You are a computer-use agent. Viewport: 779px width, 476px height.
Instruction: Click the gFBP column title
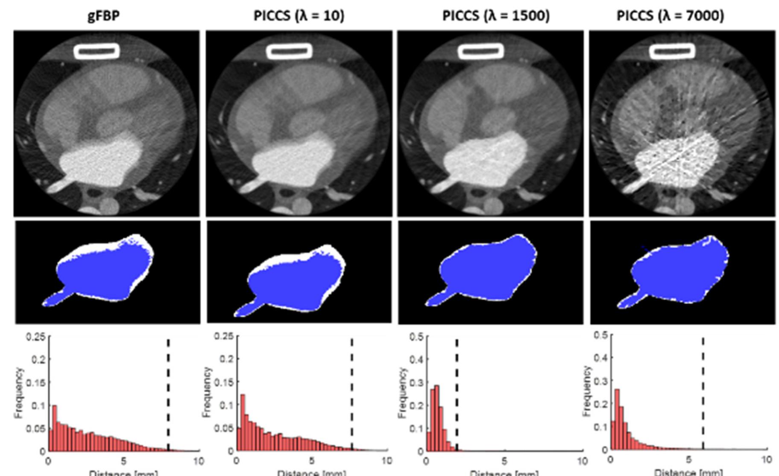(104, 16)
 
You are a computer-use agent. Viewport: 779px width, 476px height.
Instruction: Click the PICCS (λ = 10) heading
(299, 16)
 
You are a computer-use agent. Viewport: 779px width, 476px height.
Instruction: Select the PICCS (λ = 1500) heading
(495, 16)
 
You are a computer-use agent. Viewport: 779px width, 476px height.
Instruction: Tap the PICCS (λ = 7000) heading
(670, 16)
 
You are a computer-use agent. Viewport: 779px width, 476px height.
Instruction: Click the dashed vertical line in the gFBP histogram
(168, 393)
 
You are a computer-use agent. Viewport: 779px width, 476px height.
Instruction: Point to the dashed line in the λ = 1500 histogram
(457, 393)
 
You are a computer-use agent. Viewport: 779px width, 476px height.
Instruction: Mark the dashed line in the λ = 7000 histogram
(703, 393)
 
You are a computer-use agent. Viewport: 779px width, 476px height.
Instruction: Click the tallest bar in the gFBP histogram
(55, 427)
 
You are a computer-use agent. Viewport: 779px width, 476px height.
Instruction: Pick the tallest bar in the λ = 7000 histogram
(617, 419)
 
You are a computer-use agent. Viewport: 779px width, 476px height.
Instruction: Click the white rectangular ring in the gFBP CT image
(97, 51)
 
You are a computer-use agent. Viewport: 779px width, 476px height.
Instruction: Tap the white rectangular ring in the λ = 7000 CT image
(672, 52)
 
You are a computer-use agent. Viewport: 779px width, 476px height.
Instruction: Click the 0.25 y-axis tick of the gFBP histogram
(36, 337)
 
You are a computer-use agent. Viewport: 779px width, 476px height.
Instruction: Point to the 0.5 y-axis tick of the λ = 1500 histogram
(417, 337)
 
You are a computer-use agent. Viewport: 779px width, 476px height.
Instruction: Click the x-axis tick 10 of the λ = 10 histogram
(387, 461)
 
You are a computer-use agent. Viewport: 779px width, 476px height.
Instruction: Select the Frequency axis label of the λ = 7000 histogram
(586, 391)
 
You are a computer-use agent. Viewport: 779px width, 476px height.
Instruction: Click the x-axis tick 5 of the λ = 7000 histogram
(688, 460)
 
